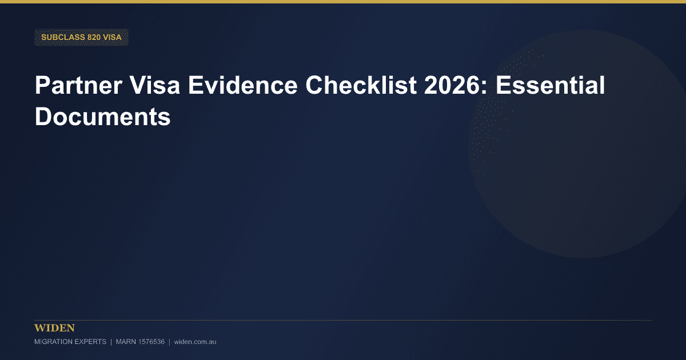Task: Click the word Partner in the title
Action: coord(79,85)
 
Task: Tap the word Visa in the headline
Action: coord(155,85)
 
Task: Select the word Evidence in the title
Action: coord(242,85)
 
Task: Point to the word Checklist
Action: coord(361,85)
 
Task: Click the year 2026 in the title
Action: coord(452,85)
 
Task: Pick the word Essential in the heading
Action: coord(551,85)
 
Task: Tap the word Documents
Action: coord(102,117)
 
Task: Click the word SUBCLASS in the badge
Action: coord(63,37)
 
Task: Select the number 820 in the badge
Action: coord(94,37)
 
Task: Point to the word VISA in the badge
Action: coord(113,37)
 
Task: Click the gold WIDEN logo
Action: coord(54,328)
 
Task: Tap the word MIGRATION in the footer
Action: coord(53,342)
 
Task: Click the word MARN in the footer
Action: coord(126,342)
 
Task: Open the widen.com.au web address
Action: coord(195,342)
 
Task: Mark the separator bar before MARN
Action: coord(111,342)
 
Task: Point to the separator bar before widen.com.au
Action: coord(169,342)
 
